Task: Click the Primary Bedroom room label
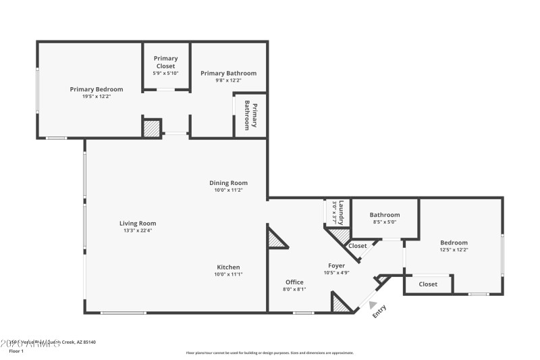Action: (97, 89)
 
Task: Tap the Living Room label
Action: (138, 224)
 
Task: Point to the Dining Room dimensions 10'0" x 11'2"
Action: (228, 190)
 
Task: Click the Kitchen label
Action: (228, 267)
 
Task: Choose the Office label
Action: (294, 282)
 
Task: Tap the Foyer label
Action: (337, 265)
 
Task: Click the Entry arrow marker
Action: (373, 305)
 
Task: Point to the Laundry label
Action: (342, 211)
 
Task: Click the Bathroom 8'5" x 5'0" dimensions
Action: (384, 222)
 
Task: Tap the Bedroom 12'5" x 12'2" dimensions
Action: (454, 250)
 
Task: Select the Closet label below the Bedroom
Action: (428, 284)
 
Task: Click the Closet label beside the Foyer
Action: (358, 246)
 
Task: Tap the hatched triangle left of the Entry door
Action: (342, 303)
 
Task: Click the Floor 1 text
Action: (16, 351)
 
